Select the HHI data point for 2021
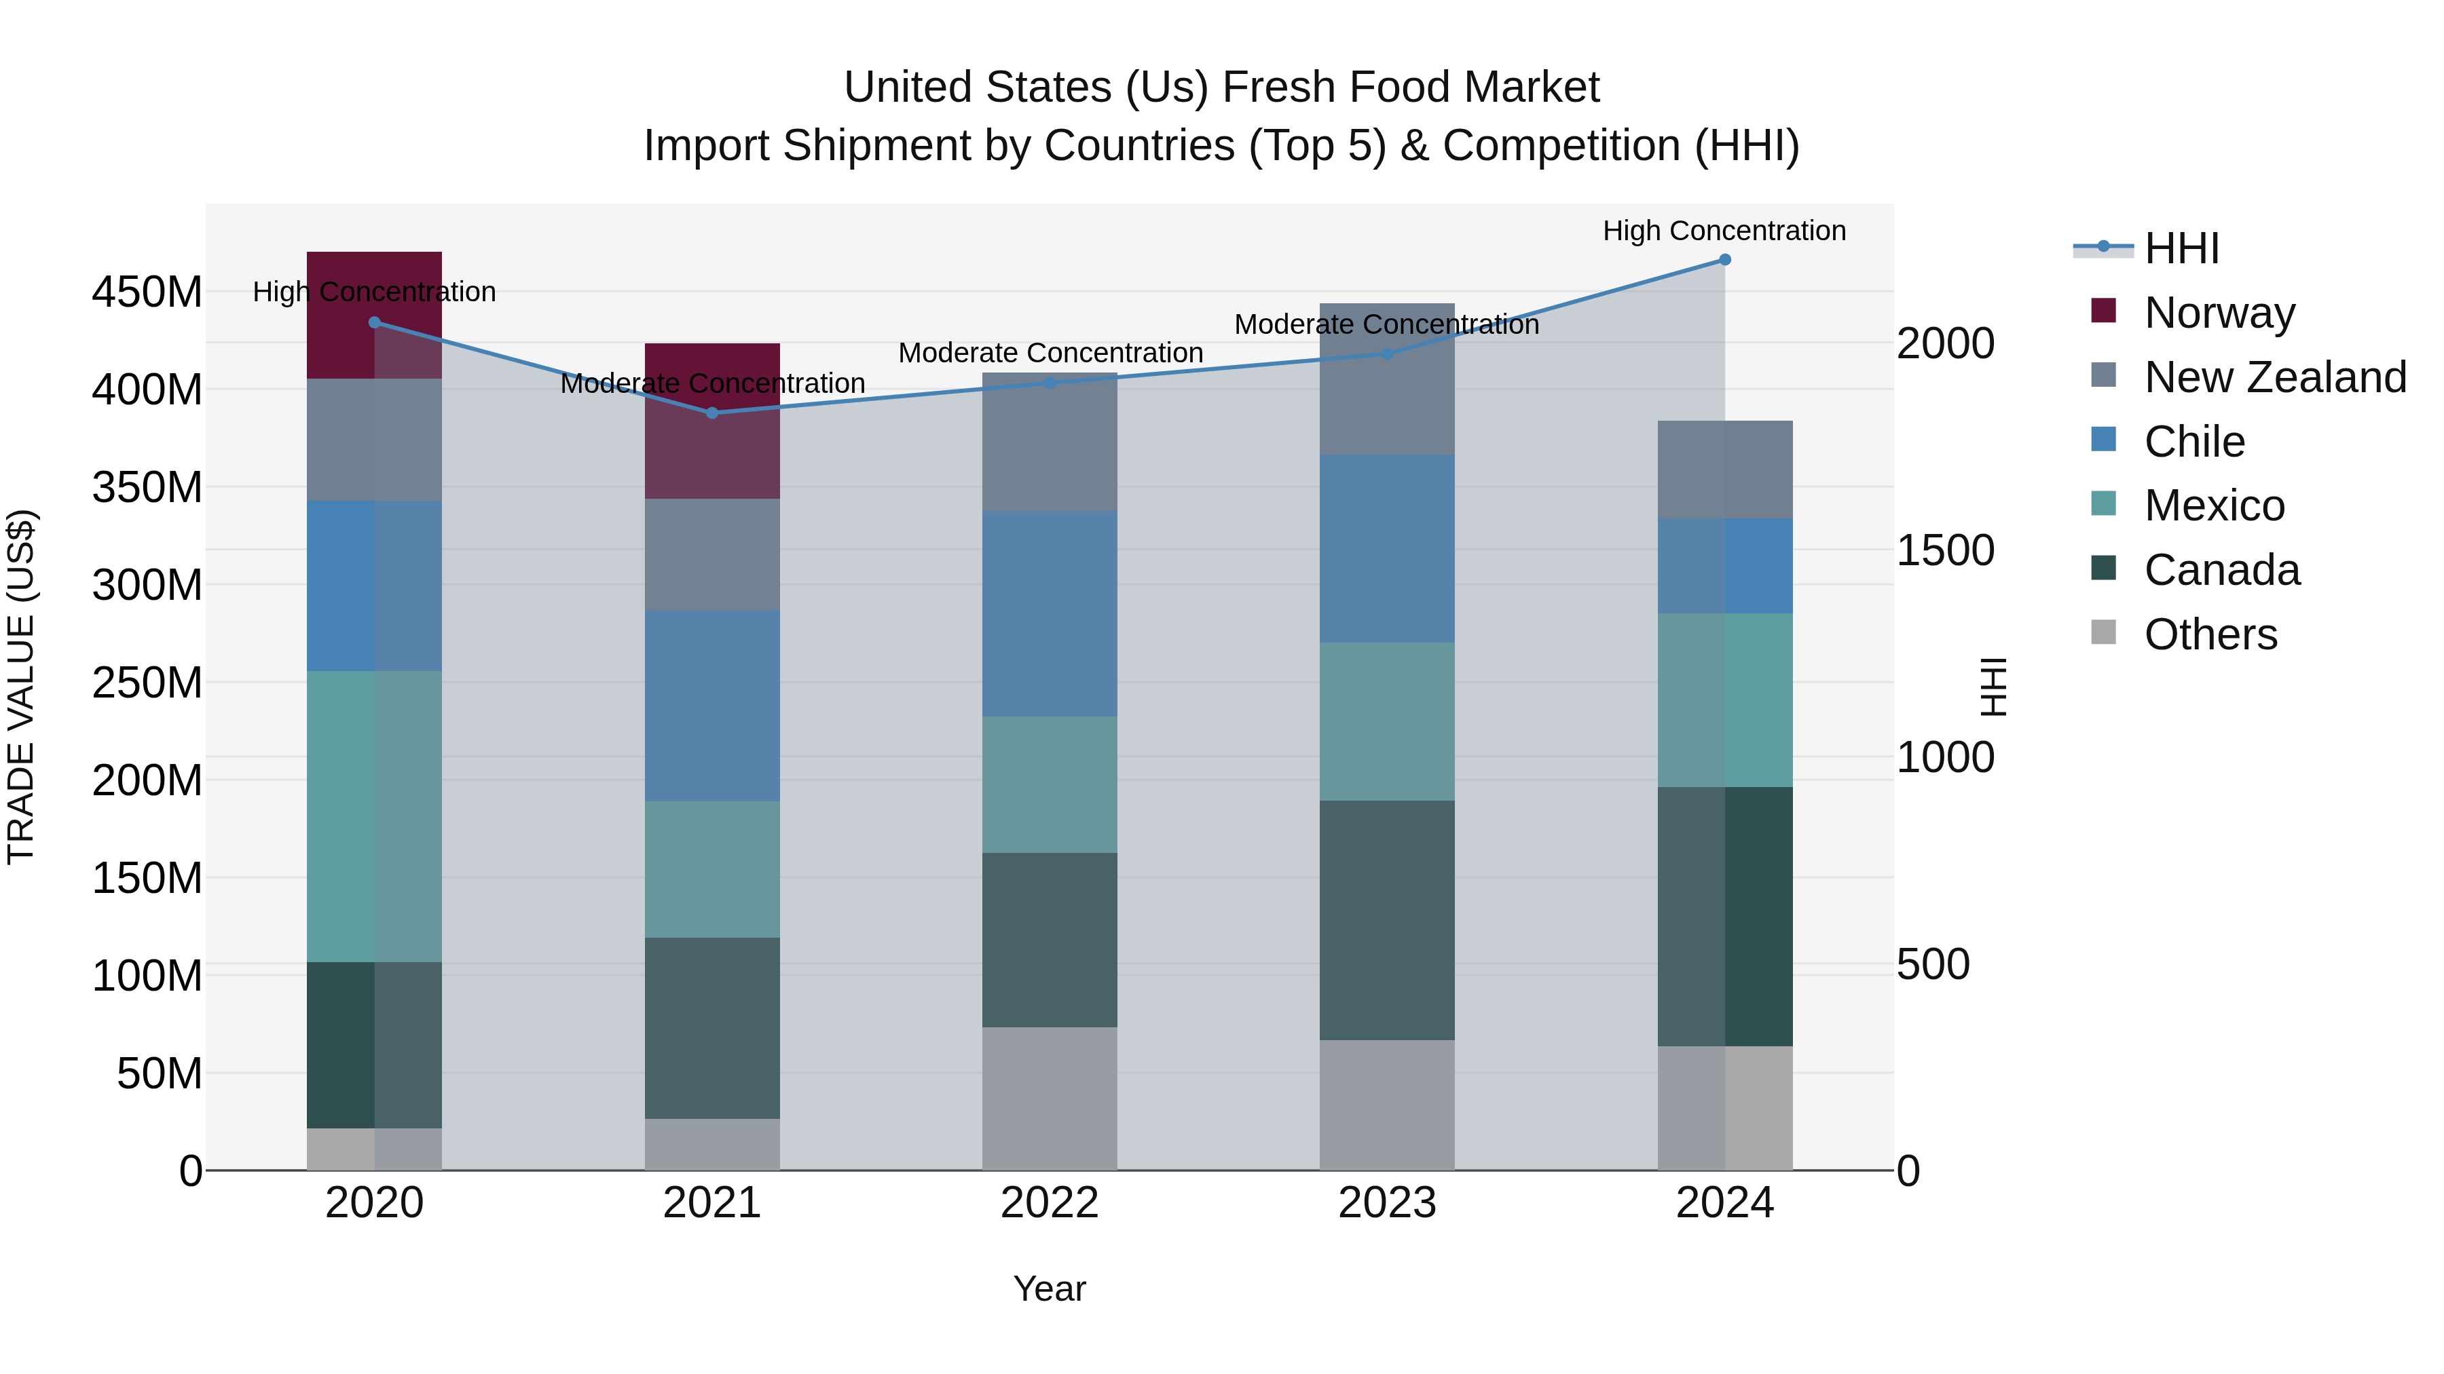point(713,413)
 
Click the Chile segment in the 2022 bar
point(1050,613)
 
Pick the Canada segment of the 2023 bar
point(1386,920)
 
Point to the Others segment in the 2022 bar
point(1050,1098)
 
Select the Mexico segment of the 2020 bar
point(374,816)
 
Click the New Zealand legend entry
point(2274,377)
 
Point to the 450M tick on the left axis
point(147,292)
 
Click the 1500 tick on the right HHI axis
point(1945,551)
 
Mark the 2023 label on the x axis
point(1386,1203)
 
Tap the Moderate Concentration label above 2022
point(1050,353)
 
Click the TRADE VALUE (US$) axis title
point(21,687)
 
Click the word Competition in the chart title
point(1561,146)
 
